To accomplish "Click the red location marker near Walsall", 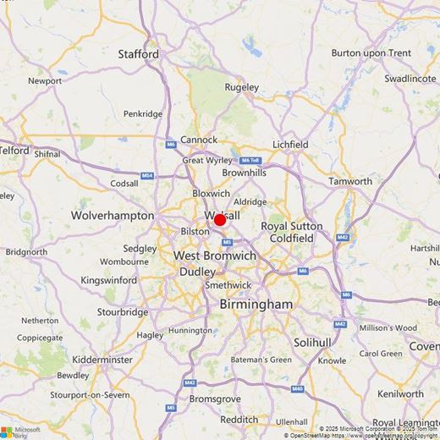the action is (220, 220).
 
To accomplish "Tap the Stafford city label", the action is (138, 54).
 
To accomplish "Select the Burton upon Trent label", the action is (371, 52).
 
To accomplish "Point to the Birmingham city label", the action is (256, 304).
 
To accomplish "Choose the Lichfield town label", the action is (290, 145).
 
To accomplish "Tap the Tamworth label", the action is (350, 181).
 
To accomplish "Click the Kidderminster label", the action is (102, 360).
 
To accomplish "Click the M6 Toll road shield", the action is (250, 160).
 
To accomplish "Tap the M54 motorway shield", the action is (147, 176).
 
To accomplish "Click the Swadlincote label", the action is (410, 78).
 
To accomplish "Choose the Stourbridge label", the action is (122, 311).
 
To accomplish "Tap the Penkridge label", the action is (142, 113).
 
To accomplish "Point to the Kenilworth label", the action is (400, 394).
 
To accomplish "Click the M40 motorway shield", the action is (298, 388).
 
